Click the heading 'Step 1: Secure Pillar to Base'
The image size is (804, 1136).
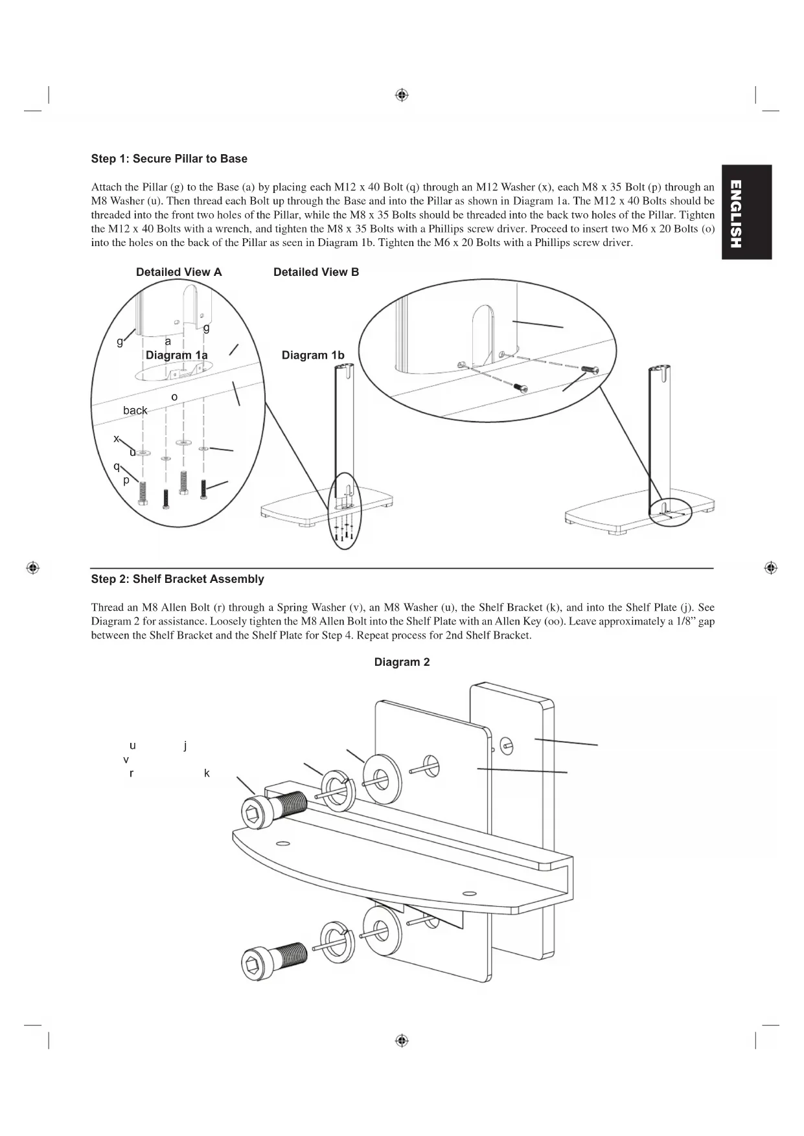point(169,159)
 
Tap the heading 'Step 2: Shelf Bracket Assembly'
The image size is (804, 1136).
point(178,579)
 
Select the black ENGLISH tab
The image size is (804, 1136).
point(746,212)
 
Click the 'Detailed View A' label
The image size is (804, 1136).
point(179,272)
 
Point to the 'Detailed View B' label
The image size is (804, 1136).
point(316,272)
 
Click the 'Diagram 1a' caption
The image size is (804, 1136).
point(177,355)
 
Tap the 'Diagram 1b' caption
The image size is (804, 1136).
point(313,355)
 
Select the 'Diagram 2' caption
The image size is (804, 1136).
point(402,662)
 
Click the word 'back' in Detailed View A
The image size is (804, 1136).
point(135,411)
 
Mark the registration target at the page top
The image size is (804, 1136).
point(402,95)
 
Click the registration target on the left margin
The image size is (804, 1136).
point(33,568)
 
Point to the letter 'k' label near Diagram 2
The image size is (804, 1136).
point(207,773)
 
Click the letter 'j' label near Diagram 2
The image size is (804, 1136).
point(185,745)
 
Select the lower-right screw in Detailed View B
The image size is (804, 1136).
point(521,387)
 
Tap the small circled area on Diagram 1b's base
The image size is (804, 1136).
point(672,512)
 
